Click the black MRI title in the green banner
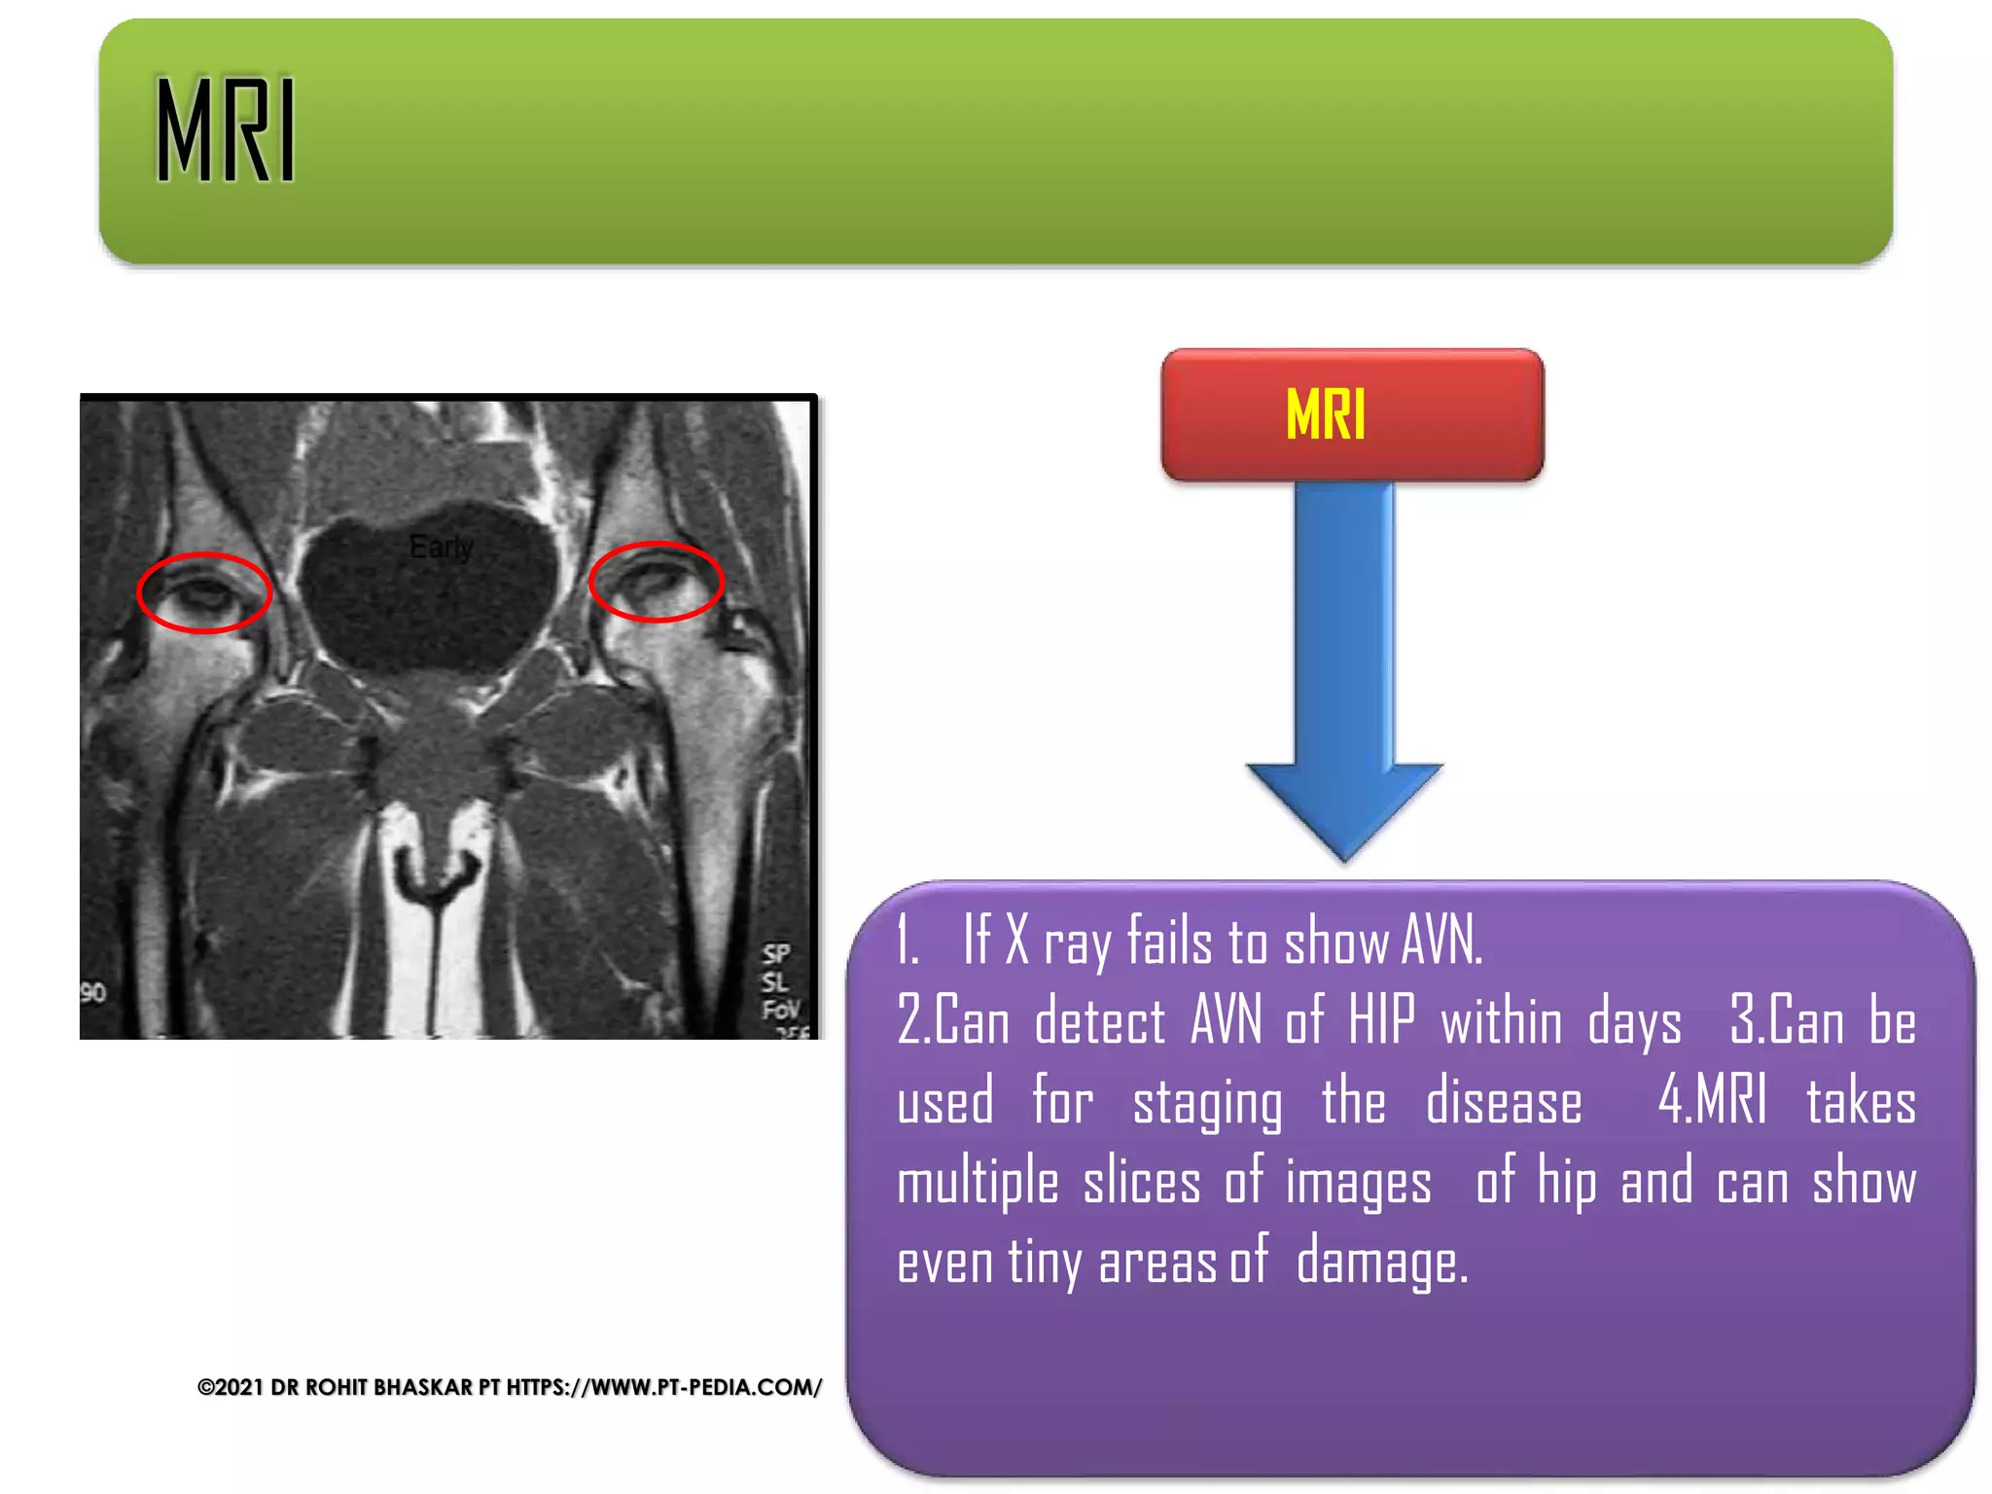[226, 130]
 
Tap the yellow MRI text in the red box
[1325, 414]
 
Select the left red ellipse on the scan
[204, 592]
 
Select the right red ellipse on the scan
[657, 582]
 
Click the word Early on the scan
[441, 548]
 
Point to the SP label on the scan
[775, 953]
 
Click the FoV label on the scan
[779, 1010]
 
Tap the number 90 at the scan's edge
[92, 993]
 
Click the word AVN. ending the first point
[1441, 942]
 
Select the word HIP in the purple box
[1381, 1022]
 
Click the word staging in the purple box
[1207, 1104]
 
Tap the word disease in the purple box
[1504, 1104]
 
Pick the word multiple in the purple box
[978, 1184]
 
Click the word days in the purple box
[1634, 1024]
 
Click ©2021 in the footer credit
[231, 1387]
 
